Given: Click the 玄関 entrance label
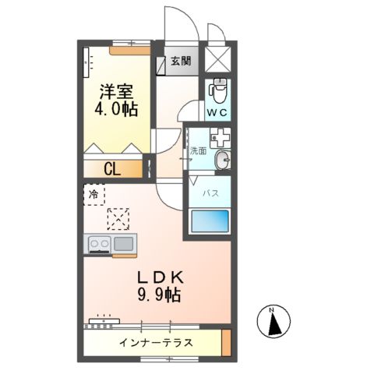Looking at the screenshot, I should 180,61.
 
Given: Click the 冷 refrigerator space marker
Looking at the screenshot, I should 93,194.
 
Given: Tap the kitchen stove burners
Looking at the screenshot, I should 100,244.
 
